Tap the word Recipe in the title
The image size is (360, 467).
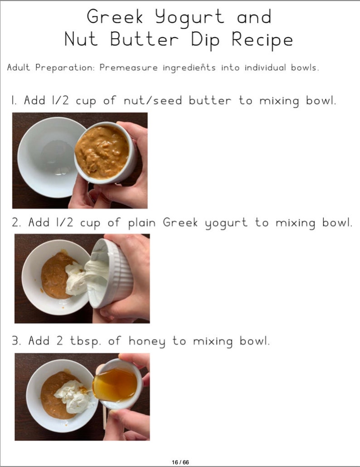click(x=262, y=39)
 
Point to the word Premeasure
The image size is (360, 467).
click(x=128, y=68)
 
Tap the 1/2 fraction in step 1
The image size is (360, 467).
click(x=58, y=100)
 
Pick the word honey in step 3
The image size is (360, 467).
click(x=148, y=341)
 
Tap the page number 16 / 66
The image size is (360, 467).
click(x=180, y=462)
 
